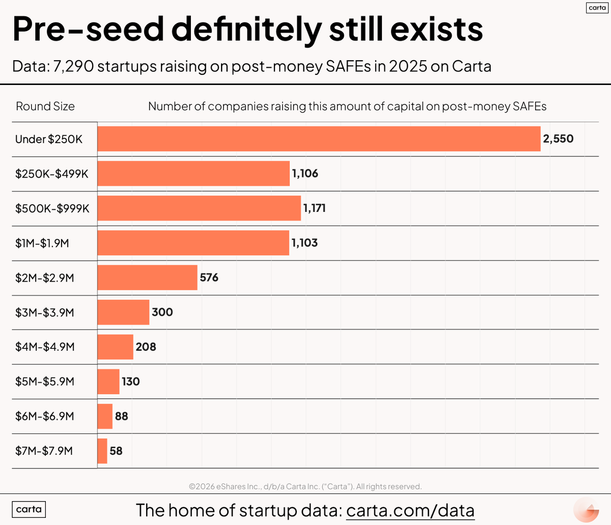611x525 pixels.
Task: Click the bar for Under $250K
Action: point(319,139)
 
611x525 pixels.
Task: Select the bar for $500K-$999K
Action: point(199,208)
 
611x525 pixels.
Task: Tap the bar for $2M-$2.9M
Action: point(147,278)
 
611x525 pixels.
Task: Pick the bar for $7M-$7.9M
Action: point(102,451)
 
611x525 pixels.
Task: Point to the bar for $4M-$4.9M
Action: point(115,347)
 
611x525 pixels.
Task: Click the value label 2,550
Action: point(558,139)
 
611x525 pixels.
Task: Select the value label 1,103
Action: point(304,243)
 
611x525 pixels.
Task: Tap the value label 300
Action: point(162,312)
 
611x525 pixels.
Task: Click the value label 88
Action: point(122,416)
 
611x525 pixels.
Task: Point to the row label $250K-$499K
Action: point(52,174)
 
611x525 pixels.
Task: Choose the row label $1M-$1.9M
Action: point(42,243)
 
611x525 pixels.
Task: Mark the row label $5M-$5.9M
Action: point(45,381)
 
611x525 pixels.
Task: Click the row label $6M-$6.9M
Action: point(45,416)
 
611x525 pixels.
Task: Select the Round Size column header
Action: point(45,106)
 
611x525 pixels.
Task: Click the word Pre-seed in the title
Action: point(88,29)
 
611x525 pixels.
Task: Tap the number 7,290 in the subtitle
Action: point(73,67)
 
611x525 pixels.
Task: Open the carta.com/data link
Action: point(410,510)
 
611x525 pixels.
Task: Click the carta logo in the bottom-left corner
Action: point(29,509)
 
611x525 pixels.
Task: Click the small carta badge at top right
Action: point(597,8)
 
